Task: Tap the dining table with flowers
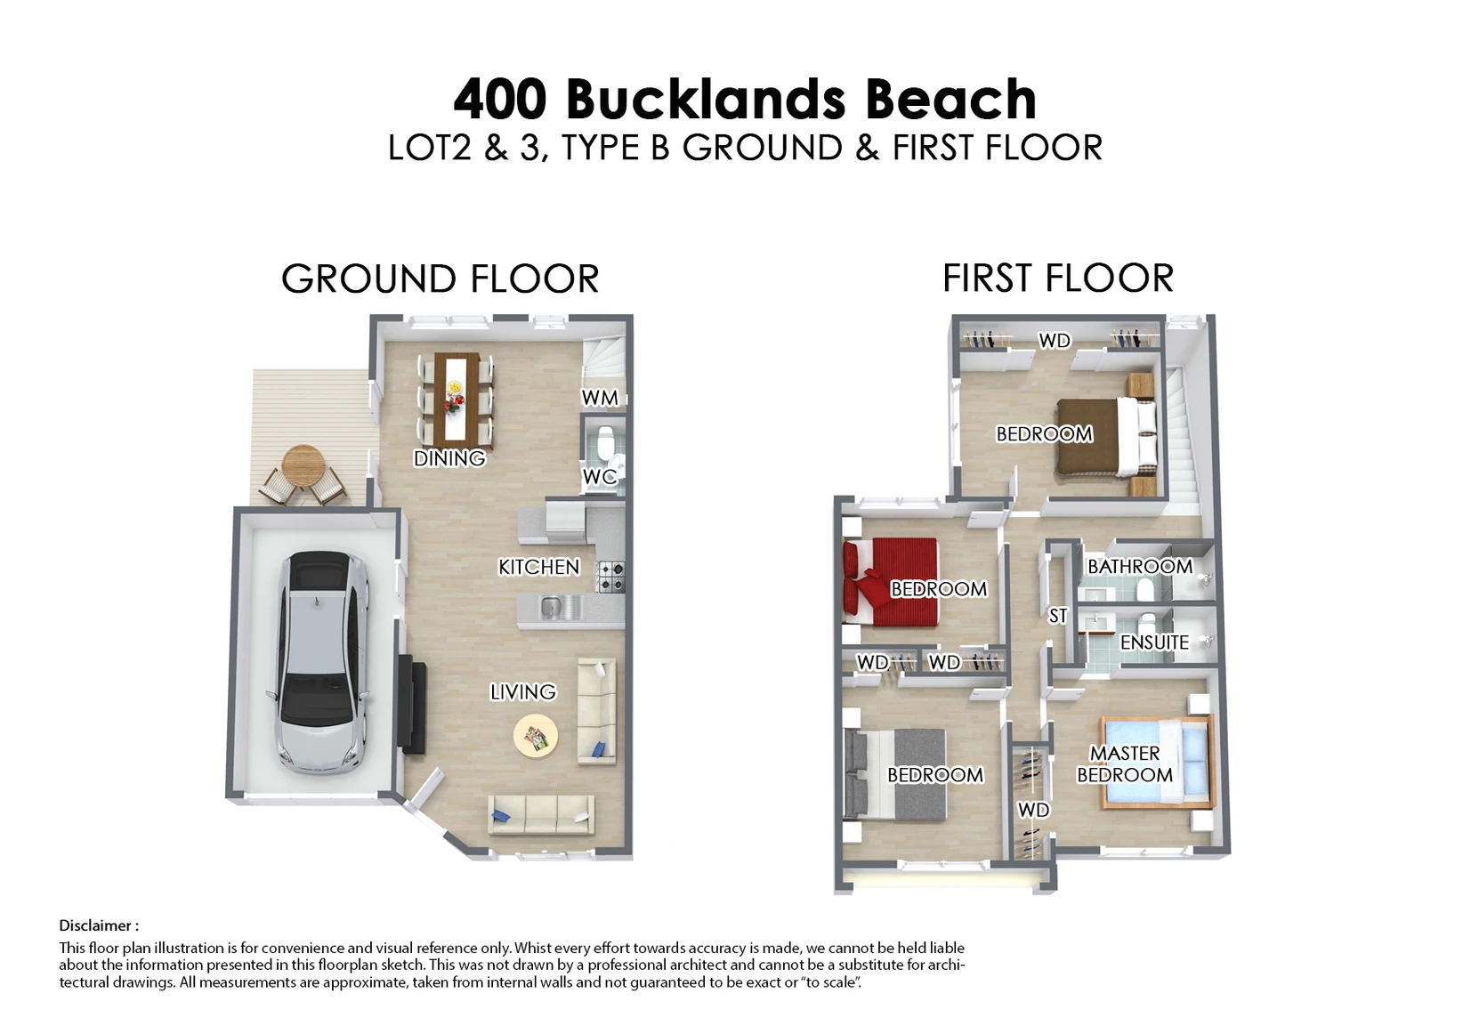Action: point(457,397)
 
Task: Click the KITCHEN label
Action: point(538,567)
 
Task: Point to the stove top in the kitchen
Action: point(610,577)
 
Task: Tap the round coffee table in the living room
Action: point(536,736)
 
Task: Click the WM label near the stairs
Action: point(600,398)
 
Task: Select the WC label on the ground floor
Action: point(600,477)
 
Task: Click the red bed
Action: point(890,582)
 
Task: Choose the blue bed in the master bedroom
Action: point(1156,762)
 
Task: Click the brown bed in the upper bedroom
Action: point(1108,436)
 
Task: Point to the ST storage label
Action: point(1057,616)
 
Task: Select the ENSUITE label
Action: point(1155,642)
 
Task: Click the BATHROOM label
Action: point(1140,566)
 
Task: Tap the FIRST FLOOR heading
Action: point(1058,279)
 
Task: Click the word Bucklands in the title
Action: point(706,100)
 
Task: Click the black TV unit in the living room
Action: point(412,704)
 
